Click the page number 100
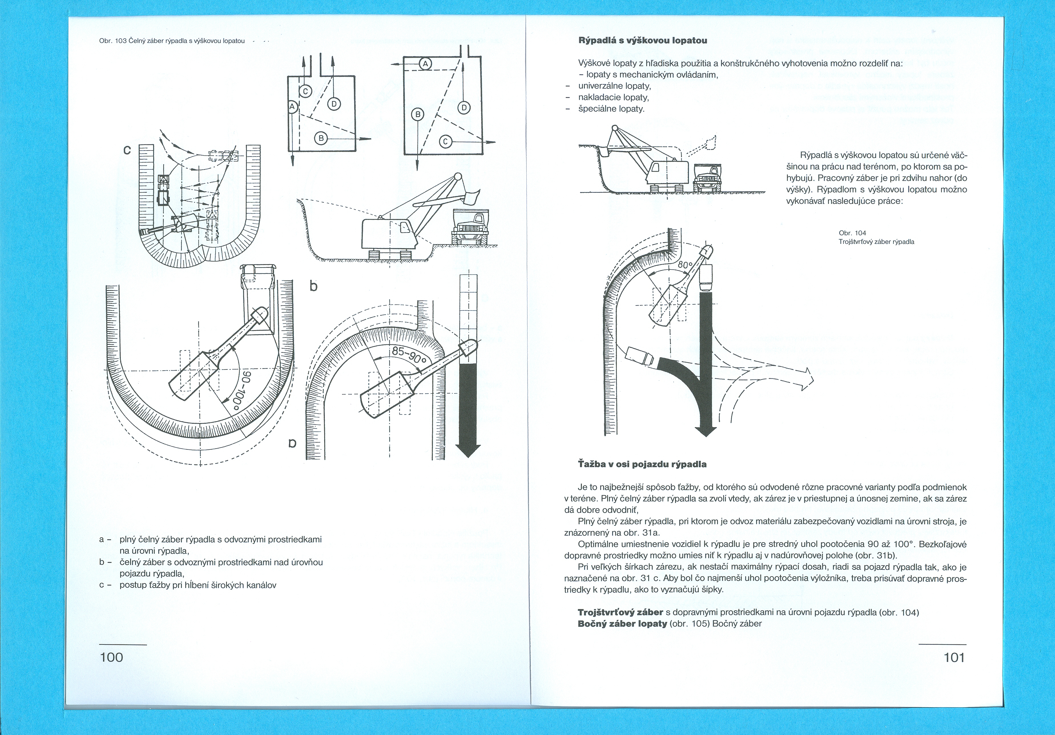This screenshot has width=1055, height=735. [112, 657]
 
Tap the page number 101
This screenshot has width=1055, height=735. [954, 657]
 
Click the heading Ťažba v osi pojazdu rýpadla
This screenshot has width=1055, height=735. [642, 464]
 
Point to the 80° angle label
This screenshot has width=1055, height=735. [685, 265]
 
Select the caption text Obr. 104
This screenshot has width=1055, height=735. [852, 233]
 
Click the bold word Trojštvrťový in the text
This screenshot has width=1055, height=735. [620, 612]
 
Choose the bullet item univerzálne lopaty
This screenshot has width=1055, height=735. [614, 86]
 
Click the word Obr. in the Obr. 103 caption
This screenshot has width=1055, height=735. [106, 41]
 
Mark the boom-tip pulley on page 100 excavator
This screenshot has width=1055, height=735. [458, 176]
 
